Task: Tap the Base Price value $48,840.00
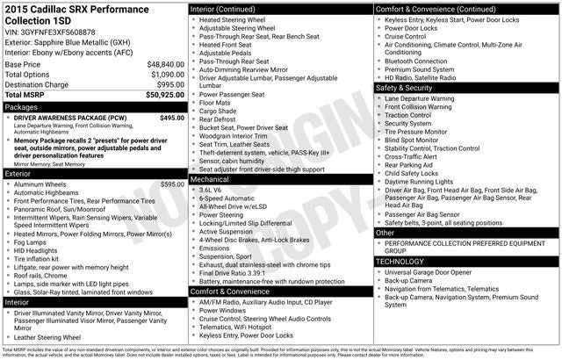164,65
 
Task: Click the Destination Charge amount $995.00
168,84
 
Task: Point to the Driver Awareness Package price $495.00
172,118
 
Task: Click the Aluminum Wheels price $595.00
172,184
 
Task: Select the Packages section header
22,107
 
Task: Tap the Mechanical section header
210,178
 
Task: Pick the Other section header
385,233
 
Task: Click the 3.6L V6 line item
210,189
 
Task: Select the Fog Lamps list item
33,242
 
